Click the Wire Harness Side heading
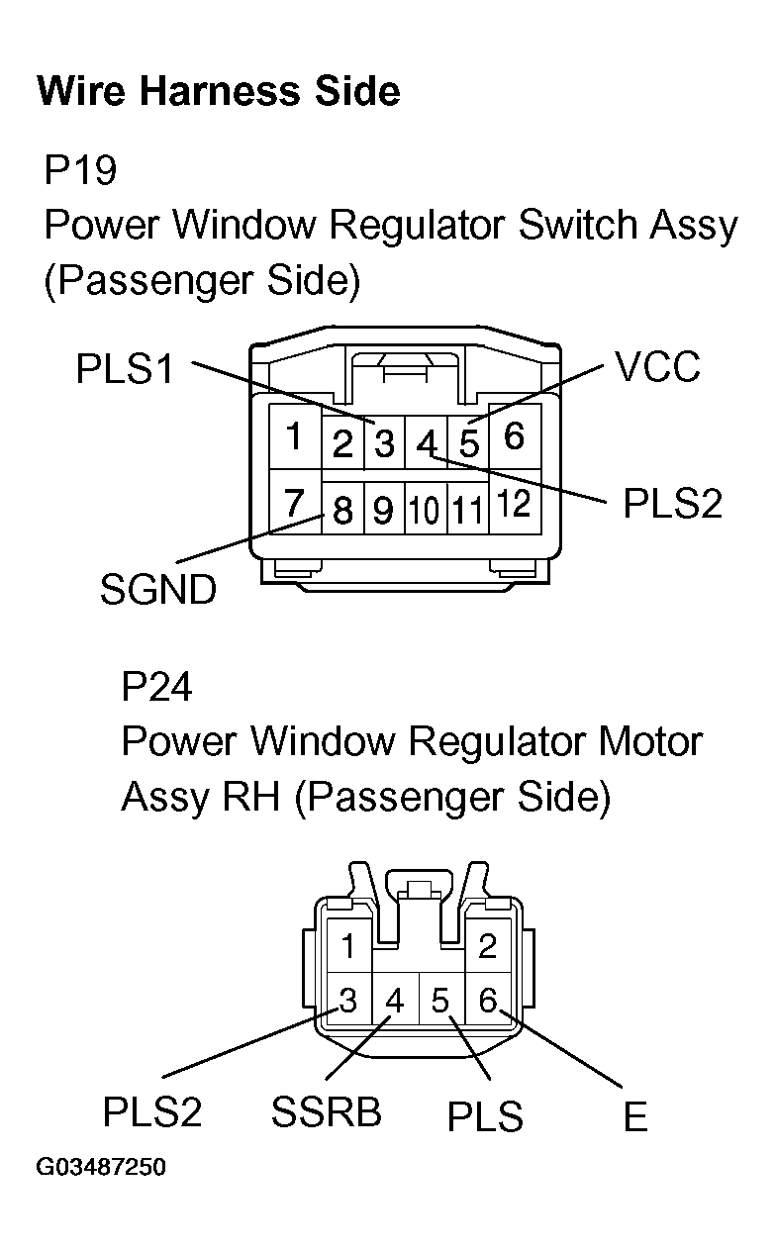[x=218, y=91]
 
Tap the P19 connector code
[x=80, y=170]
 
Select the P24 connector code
[x=156, y=686]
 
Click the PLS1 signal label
[x=125, y=369]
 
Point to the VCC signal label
[x=657, y=367]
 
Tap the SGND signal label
[x=157, y=591]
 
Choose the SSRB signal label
[x=327, y=1112]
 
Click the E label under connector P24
[x=634, y=1117]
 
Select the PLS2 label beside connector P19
[x=672, y=504]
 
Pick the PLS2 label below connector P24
[x=152, y=1112]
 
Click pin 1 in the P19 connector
[x=294, y=436]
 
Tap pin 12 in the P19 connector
[x=514, y=505]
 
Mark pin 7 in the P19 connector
[x=294, y=504]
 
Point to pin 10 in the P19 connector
[x=425, y=511]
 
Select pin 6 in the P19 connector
[x=514, y=435]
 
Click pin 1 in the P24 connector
[x=347, y=947]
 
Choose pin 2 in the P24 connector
[x=487, y=947]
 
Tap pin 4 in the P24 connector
[x=395, y=1002]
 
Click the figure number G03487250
[x=101, y=1168]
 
